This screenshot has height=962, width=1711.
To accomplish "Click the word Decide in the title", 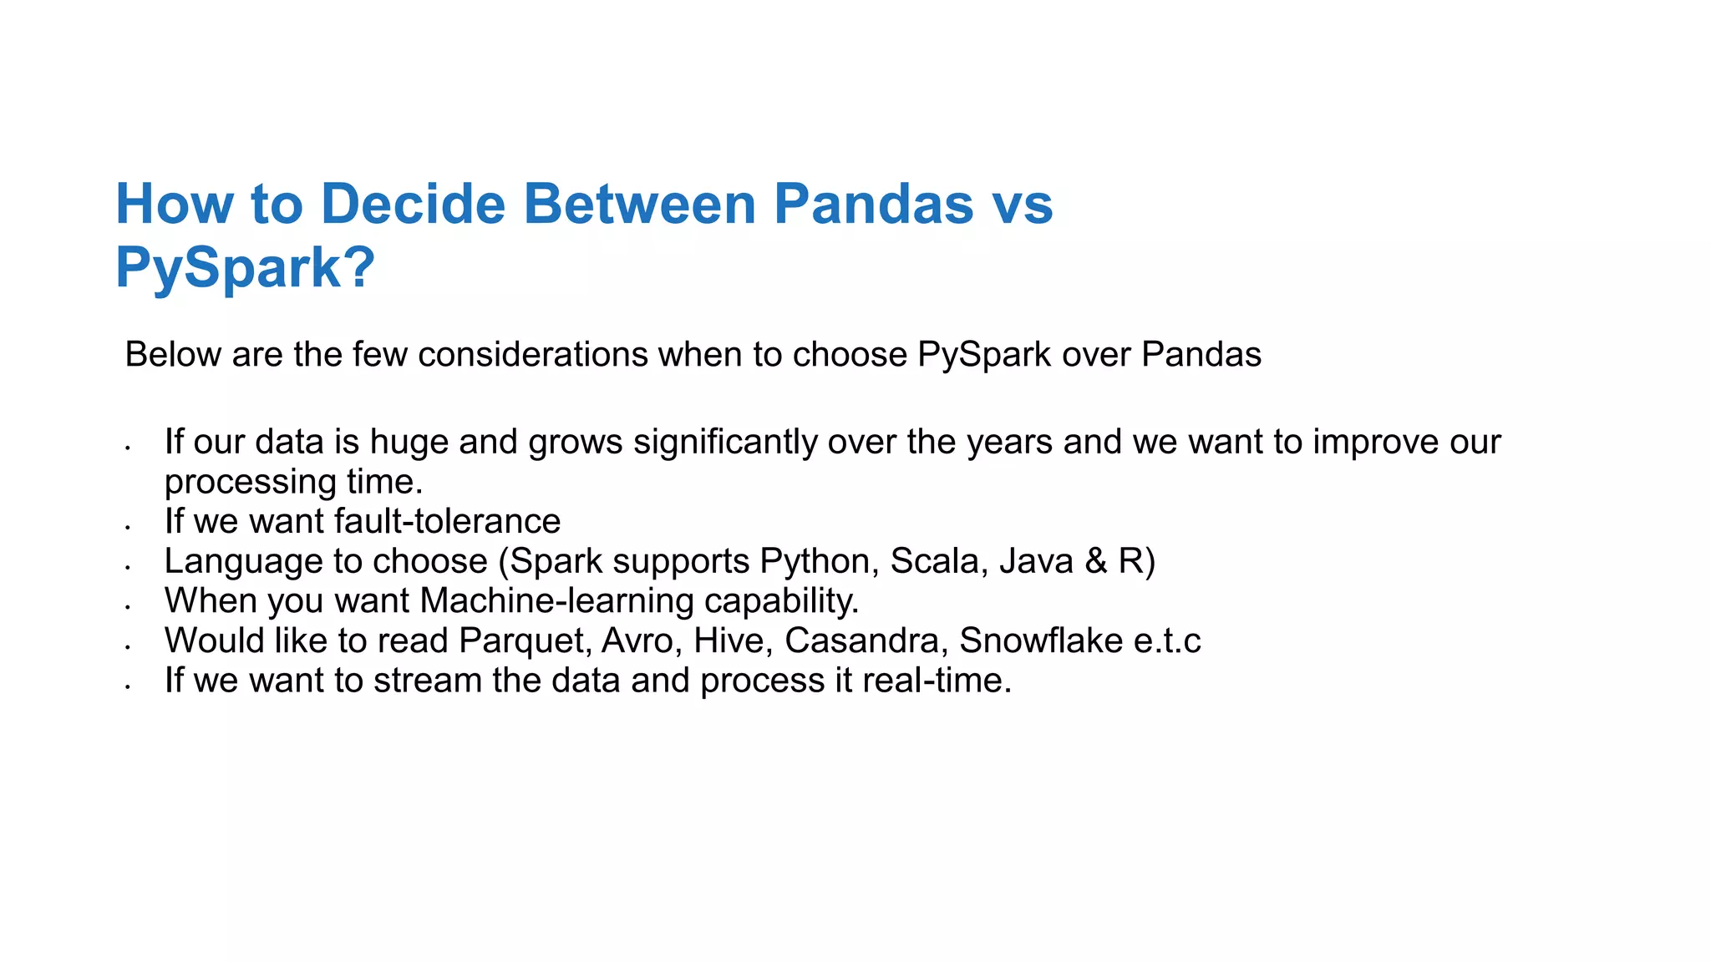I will (414, 204).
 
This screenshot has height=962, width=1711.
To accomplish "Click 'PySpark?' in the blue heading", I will (245, 268).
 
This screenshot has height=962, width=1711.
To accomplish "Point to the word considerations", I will (533, 355).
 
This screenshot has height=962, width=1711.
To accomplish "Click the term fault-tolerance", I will (447, 521).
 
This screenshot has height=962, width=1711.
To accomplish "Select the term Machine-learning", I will (557, 601).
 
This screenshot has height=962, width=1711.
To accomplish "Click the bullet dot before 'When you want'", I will (127, 607).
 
